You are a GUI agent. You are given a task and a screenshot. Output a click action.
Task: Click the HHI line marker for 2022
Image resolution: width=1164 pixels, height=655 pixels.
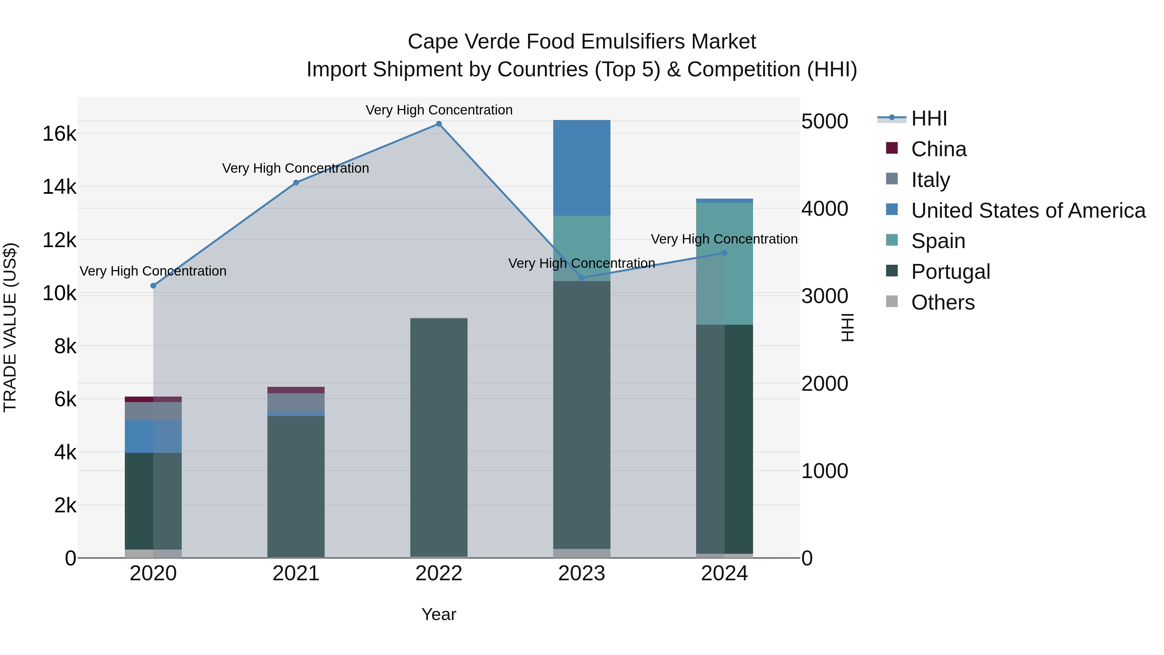[438, 124]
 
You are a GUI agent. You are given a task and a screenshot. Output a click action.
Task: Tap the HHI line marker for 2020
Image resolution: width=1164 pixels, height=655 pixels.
[153, 286]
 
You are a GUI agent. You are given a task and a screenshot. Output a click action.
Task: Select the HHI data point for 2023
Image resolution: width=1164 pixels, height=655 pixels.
[582, 278]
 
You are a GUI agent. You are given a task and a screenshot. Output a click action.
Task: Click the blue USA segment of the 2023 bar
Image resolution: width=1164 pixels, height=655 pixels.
[582, 168]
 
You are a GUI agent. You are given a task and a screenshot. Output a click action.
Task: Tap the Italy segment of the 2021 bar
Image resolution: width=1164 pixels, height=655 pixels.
[296, 402]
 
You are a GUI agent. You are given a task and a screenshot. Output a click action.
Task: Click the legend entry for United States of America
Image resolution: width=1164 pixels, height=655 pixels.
[1028, 211]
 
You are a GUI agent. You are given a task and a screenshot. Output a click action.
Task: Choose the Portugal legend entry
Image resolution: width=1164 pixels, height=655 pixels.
[950, 272]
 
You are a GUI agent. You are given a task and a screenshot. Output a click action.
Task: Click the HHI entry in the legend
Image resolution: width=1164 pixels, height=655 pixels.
[929, 118]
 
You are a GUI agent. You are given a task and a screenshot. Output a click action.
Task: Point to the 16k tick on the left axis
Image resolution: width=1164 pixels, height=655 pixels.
[59, 134]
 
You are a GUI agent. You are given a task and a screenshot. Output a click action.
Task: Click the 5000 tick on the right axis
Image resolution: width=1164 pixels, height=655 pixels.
[824, 122]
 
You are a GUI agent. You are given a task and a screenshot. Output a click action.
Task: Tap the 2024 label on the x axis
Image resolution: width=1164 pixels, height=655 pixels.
[724, 573]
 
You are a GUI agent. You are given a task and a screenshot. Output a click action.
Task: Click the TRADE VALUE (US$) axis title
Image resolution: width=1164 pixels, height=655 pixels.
[10, 327]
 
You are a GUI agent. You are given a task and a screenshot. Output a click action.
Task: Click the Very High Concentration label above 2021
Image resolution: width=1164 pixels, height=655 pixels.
[296, 168]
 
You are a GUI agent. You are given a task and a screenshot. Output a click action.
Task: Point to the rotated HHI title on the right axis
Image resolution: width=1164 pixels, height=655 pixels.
[848, 327]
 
